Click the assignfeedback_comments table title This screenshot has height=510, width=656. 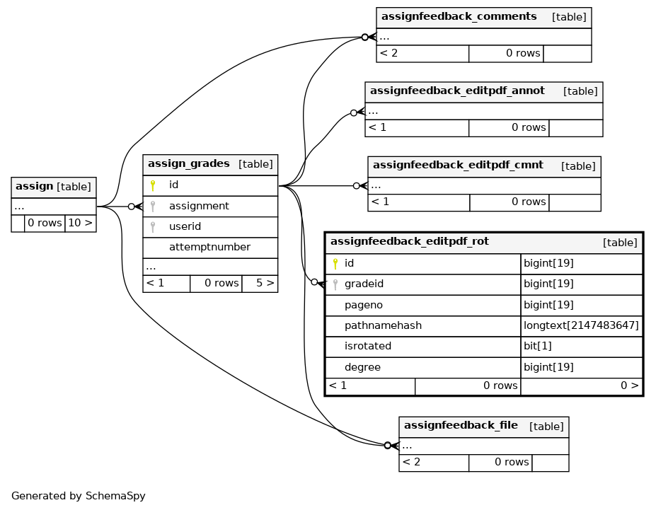(459, 17)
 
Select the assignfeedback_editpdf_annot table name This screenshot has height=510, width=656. (457, 91)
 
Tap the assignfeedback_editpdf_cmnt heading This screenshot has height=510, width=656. (458, 166)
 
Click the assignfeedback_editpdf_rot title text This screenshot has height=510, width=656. (410, 242)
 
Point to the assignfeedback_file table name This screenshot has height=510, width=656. (461, 426)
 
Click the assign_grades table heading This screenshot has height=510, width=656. (189, 164)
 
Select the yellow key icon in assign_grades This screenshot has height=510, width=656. (153, 185)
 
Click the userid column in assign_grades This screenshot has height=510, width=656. (185, 226)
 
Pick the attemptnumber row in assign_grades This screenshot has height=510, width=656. (209, 247)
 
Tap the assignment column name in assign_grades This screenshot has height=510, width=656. (199, 206)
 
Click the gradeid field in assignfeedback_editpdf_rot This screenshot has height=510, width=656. (364, 284)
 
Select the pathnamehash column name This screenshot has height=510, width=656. (384, 325)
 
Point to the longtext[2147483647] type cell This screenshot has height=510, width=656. (581, 325)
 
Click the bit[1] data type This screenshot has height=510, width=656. (538, 346)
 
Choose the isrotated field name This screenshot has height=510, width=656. (368, 346)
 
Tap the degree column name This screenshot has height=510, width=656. (362, 367)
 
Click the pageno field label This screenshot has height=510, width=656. (364, 305)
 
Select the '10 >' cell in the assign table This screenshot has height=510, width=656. (81, 224)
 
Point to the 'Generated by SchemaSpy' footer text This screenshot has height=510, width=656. (79, 496)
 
